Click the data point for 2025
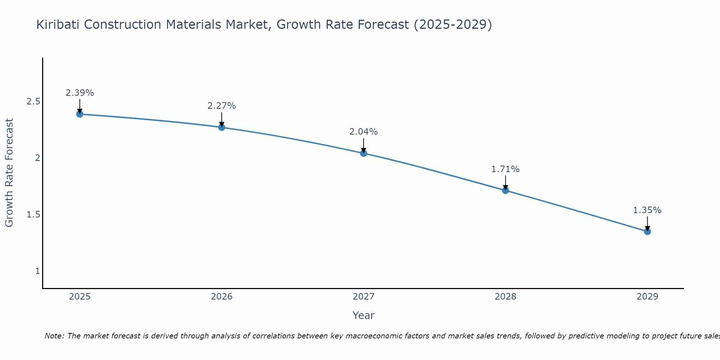pyautogui.click(x=80, y=114)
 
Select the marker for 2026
pyautogui.click(x=221, y=127)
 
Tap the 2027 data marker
pyautogui.click(x=364, y=153)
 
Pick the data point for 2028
pyautogui.click(x=505, y=190)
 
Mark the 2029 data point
pyautogui.click(x=647, y=231)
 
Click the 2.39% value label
pyautogui.click(x=80, y=93)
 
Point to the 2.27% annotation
pyautogui.click(x=221, y=106)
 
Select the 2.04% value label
pyautogui.click(x=364, y=132)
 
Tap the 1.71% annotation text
pyautogui.click(x=505, y=169)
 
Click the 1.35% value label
pyautogui.click(x=647, y=210)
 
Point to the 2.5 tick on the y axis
pyautogui.click(x=33, y=102)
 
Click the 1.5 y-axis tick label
pyautogui.click(x=33, y=215)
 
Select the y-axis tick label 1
pyautogui.click(x=37, y=271)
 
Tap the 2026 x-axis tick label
pyautogui.click(x=221, y=297)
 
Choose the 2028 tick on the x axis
pyautogui.click(x=505, y=297)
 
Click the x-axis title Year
pyautogui.click(x=364, y=315)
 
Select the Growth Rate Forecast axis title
pyautogui.click(x=9, y=173)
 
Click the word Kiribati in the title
pyautogui.click(x=59, y=24)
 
